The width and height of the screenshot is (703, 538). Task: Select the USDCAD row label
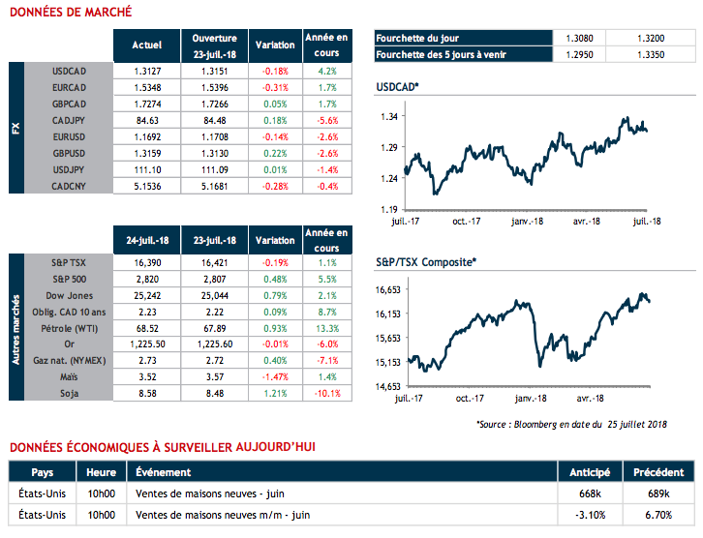pyautogui.click(x=73, y=71)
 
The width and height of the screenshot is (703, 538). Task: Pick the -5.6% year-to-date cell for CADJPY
pyautogui.click(x=326, y=120)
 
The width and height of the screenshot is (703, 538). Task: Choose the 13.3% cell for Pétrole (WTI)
pyautogui.click(x=326, y=329)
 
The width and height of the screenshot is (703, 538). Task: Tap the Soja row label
pyautogui.click(x=71, y=394)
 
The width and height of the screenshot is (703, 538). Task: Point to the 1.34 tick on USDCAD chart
pyautogui.click(x=390, y=117)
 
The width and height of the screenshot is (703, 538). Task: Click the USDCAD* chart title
pyautogui.click(x=397, y=87)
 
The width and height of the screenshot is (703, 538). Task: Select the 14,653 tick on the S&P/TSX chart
pyautogui.click(x=386, y=386)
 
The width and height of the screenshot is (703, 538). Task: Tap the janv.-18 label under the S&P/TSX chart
pyautogui.click(x=531, y=399)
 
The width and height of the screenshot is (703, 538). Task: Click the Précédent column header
pyautogui.click(x=658, y=472)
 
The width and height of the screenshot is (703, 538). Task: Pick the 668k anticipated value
pyautogui.click(x=590, y=493)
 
